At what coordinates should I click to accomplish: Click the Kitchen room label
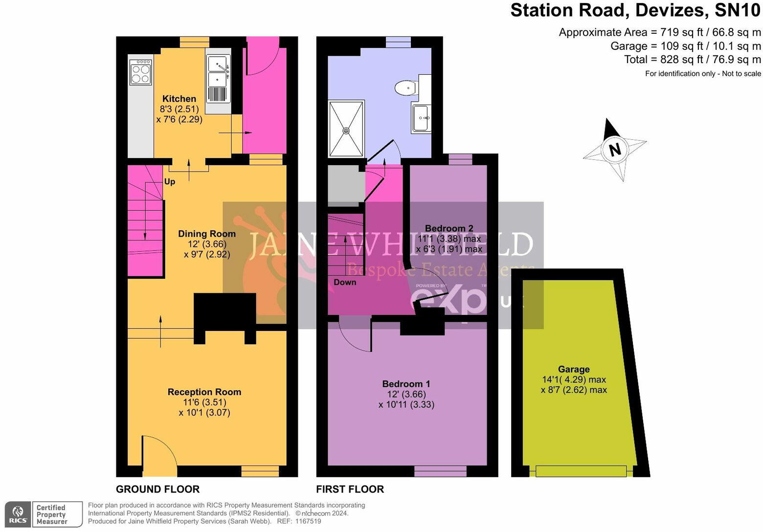179,99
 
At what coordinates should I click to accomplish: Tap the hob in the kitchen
140,72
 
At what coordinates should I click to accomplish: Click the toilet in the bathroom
405,88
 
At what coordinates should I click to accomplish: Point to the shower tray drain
346,131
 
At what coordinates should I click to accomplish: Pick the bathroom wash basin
421,118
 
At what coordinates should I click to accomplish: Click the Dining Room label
206,234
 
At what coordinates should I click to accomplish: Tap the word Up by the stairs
169,181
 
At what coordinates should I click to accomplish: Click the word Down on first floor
345,282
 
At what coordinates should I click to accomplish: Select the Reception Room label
204,392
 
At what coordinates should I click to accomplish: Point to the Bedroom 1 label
406,384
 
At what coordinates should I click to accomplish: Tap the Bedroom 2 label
449,228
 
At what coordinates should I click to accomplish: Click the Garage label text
573,369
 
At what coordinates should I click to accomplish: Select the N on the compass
615,149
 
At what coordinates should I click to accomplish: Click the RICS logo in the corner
18,514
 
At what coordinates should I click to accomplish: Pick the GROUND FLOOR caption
157,489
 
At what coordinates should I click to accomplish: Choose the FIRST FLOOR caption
350,489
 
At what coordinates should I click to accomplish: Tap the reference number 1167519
306,521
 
